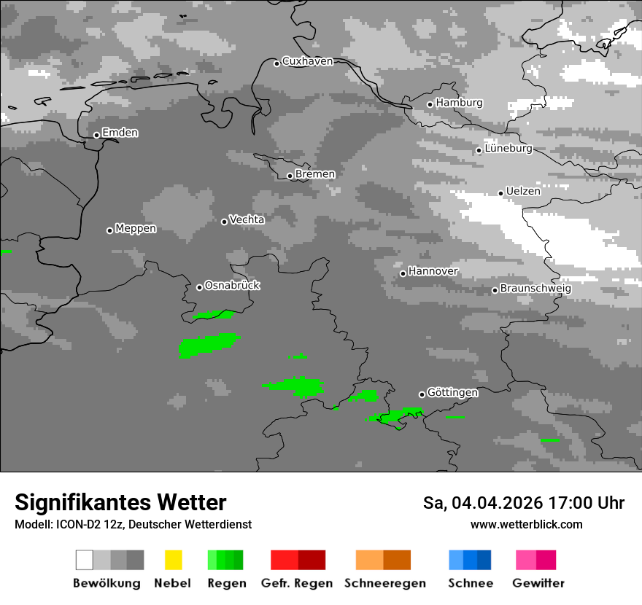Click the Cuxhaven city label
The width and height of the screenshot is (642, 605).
tap(307, 61)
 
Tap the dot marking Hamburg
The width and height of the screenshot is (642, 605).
tap(430, 104)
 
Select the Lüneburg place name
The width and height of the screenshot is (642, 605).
tap(508, 149)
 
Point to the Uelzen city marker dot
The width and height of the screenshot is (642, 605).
tap(500, 193)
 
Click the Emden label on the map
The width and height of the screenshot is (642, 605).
tap(120, 133)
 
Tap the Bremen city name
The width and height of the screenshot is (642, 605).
tap(315, 174)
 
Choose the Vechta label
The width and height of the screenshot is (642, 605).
tap(247, 219)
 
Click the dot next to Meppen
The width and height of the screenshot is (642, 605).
tap(109, 230)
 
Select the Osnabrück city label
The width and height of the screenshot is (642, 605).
tap(232, 286)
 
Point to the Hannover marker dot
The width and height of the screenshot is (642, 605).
tap(403, 273)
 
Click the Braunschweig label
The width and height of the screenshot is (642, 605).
tap(535, 289)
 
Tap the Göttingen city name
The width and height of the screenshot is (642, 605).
tap(452, 393)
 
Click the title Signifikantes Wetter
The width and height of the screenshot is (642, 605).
tap(120, 502)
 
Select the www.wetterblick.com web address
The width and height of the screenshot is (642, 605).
tap(526, 524)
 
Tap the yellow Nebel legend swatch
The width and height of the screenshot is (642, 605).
tap(173, 560)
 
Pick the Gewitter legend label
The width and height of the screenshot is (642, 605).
tap(538, 583)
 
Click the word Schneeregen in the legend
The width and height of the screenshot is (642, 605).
tap(385, 583)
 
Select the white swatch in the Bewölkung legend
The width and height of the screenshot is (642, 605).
tap(85, 560)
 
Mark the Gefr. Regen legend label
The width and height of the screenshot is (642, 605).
tap(297, 583)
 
